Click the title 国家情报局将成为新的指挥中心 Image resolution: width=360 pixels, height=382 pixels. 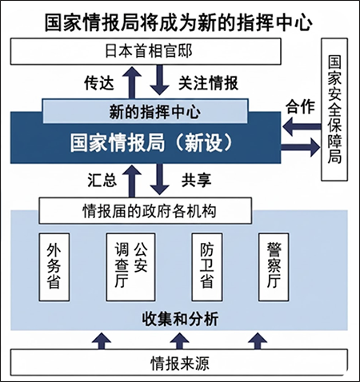[180, 17]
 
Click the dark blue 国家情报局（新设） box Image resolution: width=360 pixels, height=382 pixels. [149, 142]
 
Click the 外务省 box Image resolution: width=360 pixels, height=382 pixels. [54, 265]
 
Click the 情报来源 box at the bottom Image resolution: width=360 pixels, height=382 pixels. [180, 364]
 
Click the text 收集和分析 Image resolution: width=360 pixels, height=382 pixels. [180, 320]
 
